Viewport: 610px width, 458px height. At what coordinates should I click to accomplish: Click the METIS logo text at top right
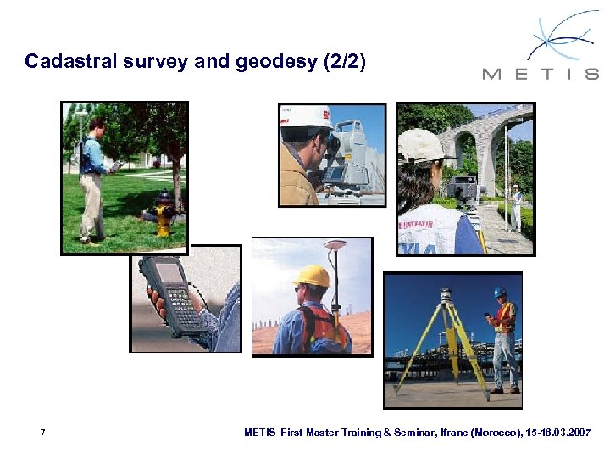(541, 74)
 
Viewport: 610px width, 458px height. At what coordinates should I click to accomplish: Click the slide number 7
(42, 433)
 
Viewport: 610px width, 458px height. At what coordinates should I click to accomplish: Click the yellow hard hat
(311, 276)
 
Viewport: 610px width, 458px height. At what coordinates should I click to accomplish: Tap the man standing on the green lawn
(92, 178)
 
